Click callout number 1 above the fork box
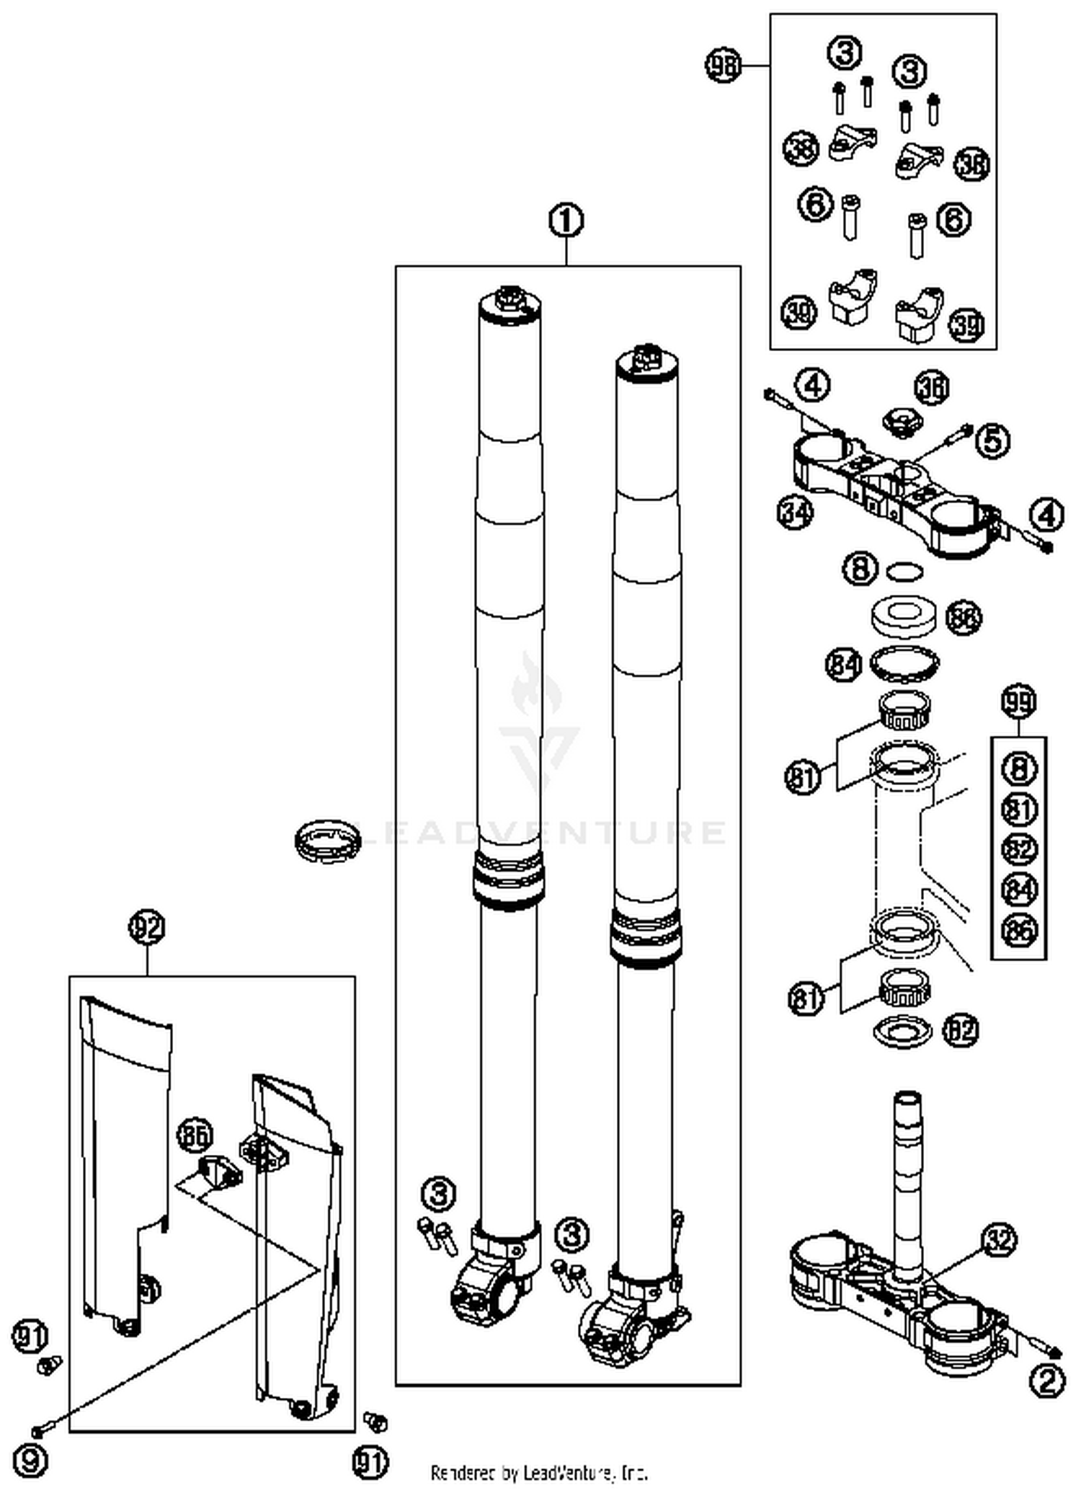click(566, 220)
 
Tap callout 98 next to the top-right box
click(723, 66)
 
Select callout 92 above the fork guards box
click(147, 927)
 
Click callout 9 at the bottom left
click(30, 1460)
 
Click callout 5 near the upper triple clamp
click(992, 439)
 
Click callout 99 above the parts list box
click(1019, 701)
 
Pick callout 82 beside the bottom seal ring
click(961, 1029)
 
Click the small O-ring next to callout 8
click(904, 572)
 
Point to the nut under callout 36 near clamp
click(902, 421)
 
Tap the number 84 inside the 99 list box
click(1019, 889)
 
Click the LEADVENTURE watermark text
click(540, 831)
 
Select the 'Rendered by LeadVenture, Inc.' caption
click(539, 1472)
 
